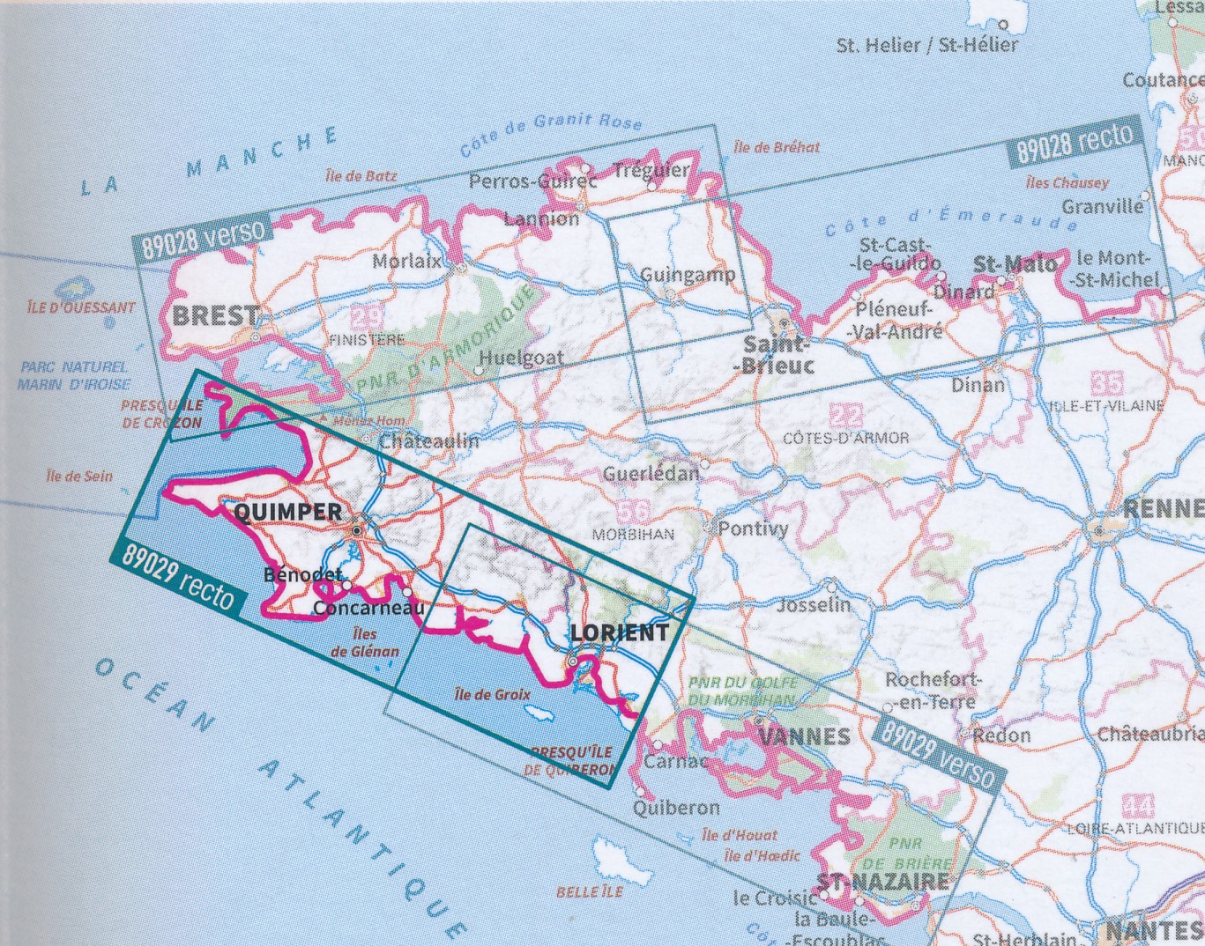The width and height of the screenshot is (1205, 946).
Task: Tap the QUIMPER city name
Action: pos(289,512)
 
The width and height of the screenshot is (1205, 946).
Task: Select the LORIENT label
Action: pos(620,632)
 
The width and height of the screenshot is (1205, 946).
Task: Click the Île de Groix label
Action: pos(493,694)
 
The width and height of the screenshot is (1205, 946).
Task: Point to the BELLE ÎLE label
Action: pos(589,891)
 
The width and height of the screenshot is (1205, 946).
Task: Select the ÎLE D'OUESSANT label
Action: pos(80,307)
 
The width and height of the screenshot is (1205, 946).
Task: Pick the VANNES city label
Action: pos(804,735)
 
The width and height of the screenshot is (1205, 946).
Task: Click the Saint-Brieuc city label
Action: pos(775,353)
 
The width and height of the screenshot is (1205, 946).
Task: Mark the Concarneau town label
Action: pos(368,609)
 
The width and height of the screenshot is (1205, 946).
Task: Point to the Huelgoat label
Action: pos(521,358)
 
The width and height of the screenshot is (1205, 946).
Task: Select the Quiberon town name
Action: pos(676,807)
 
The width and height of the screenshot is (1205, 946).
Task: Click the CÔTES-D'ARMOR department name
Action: pos(845,437)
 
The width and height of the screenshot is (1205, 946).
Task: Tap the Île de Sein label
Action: pos(79,476)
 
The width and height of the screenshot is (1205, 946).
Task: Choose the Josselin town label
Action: pos(814,604)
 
